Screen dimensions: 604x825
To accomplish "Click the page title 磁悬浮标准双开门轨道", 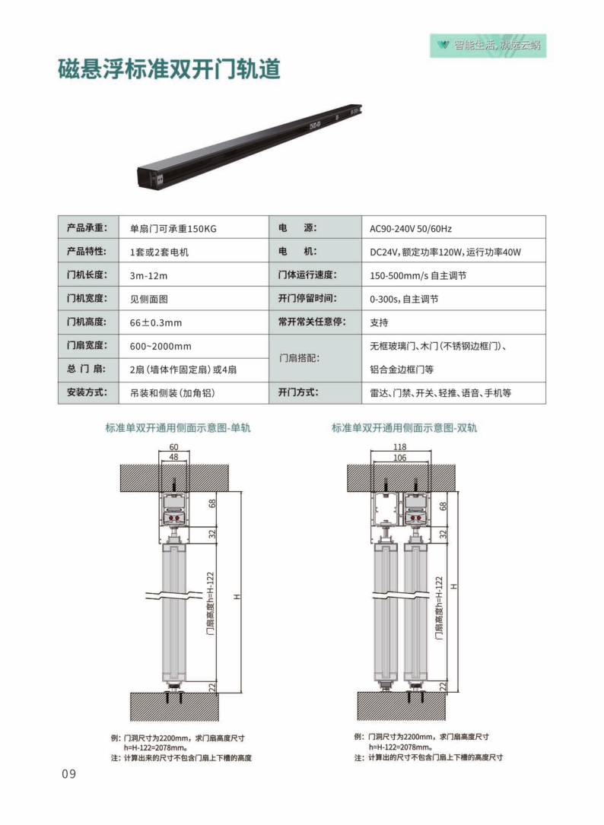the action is click(169, 69).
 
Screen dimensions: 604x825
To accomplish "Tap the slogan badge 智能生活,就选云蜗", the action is click(488, 46).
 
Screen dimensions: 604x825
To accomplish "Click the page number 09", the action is click(69, 774).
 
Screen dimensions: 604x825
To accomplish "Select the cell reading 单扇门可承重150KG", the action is click(173, 229).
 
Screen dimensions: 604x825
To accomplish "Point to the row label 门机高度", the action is click(87, 322).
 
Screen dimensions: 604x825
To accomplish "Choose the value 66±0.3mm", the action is click(156, 322).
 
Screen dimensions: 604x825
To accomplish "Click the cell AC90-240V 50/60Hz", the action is click(411, 229).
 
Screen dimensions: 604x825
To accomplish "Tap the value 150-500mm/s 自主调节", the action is click(418, 276).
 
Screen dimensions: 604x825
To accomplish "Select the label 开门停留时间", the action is click(307, 298).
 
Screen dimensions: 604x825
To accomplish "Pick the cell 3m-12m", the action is click(148, 276).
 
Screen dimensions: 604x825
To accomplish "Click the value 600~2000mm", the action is click(161, 346).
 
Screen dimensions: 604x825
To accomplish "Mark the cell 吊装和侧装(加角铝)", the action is click(173, 393).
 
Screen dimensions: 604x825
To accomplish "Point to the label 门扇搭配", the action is click(299, 358).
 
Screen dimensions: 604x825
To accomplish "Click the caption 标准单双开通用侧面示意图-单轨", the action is click(178, 428).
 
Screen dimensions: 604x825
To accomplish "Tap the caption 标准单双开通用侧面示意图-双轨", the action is click(405, 428).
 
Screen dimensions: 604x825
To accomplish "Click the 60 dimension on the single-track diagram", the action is click(173, 446).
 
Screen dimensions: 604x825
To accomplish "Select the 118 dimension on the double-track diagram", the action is click(400, 446).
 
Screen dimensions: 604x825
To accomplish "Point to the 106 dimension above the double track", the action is click(400, 458).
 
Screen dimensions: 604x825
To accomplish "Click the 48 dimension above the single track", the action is click(173, 457).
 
